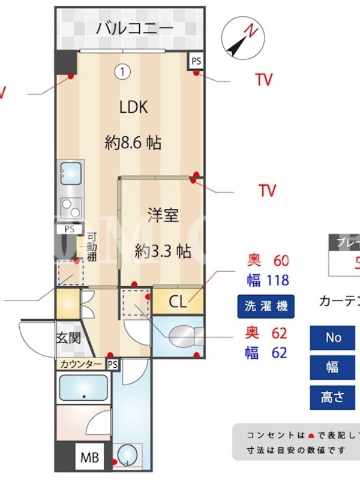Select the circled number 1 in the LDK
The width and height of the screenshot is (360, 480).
[x=122, y=72]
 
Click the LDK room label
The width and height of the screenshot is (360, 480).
[x=133, y=107]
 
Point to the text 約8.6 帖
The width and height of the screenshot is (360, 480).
[x=133, y=143]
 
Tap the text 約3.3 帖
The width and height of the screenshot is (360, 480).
[x=163, y=251]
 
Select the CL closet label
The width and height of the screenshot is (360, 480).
[x=178, y=301]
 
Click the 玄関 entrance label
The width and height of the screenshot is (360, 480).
[x=68, y=338]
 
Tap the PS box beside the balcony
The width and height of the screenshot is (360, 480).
[x=196, y=61]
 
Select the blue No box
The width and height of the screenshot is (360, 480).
[x=334, y=338]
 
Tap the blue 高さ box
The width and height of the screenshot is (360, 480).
[x=334, y=397]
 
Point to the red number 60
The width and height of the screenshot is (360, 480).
[x=281, y=260]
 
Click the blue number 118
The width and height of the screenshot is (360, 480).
[x=276, y=280]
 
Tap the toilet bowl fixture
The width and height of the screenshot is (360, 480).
[x=180, y=337]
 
